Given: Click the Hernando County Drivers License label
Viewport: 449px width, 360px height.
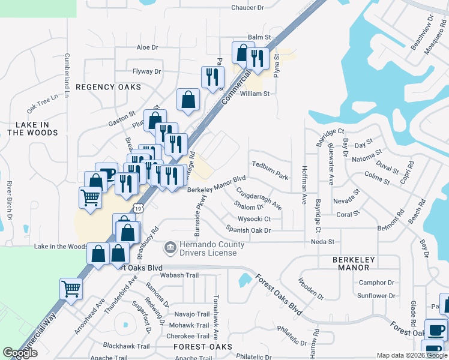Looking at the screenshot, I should click(x=213, y=248).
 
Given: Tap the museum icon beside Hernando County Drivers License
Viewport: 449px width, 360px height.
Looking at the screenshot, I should click(x=170, y=247).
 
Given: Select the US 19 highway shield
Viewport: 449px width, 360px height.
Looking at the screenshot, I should click(x=139, y=208).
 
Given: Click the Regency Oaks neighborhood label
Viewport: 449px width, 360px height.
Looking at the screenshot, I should click(x=109, y=87).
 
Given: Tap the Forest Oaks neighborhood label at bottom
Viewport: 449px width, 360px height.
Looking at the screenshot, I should click(x=202, y=347).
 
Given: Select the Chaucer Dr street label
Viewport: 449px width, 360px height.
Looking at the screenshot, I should click(x=247, y=8).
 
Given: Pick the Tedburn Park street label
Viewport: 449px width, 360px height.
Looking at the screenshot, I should click(x=270, y=169).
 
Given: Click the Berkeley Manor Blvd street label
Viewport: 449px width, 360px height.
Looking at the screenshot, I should click(x=217, y=184).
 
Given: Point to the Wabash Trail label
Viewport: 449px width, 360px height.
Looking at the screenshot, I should click(x=179, y=275).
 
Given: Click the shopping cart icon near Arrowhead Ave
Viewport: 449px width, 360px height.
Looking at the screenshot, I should click(x=71, y=289).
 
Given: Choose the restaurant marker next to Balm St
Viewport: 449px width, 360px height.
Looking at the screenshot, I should click(x=258, y=58).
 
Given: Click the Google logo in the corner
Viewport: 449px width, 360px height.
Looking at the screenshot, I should click(x=20, y=353).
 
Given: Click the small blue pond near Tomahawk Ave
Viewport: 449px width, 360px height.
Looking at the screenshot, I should click(x=244, y=279).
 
